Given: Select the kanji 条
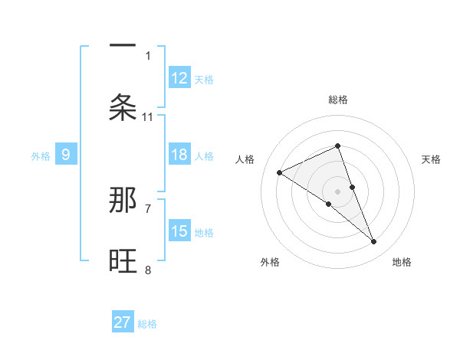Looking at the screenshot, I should [123, 106].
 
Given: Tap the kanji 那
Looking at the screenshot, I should [123, 201].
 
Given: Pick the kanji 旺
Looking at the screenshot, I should [123, 262].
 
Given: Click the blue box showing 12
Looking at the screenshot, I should [179, 77].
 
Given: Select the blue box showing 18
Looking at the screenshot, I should [179, 155].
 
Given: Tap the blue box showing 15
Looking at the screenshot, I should [179, 231].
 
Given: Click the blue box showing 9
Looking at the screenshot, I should [66, 155].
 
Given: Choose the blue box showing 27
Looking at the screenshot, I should [123, 322].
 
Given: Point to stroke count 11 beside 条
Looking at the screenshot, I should [148, 117].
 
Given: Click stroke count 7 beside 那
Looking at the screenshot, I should [148, 208].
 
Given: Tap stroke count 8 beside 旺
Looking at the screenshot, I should [148, 270].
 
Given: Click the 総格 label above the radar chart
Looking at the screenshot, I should [338, 100].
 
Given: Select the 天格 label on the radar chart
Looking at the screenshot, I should [431, 159].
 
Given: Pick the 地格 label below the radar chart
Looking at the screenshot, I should [402, 262].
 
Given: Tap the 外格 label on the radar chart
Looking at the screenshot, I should [270, 262].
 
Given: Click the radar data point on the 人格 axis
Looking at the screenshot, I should [279, 172].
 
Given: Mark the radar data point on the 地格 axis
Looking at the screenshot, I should [374, 242].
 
